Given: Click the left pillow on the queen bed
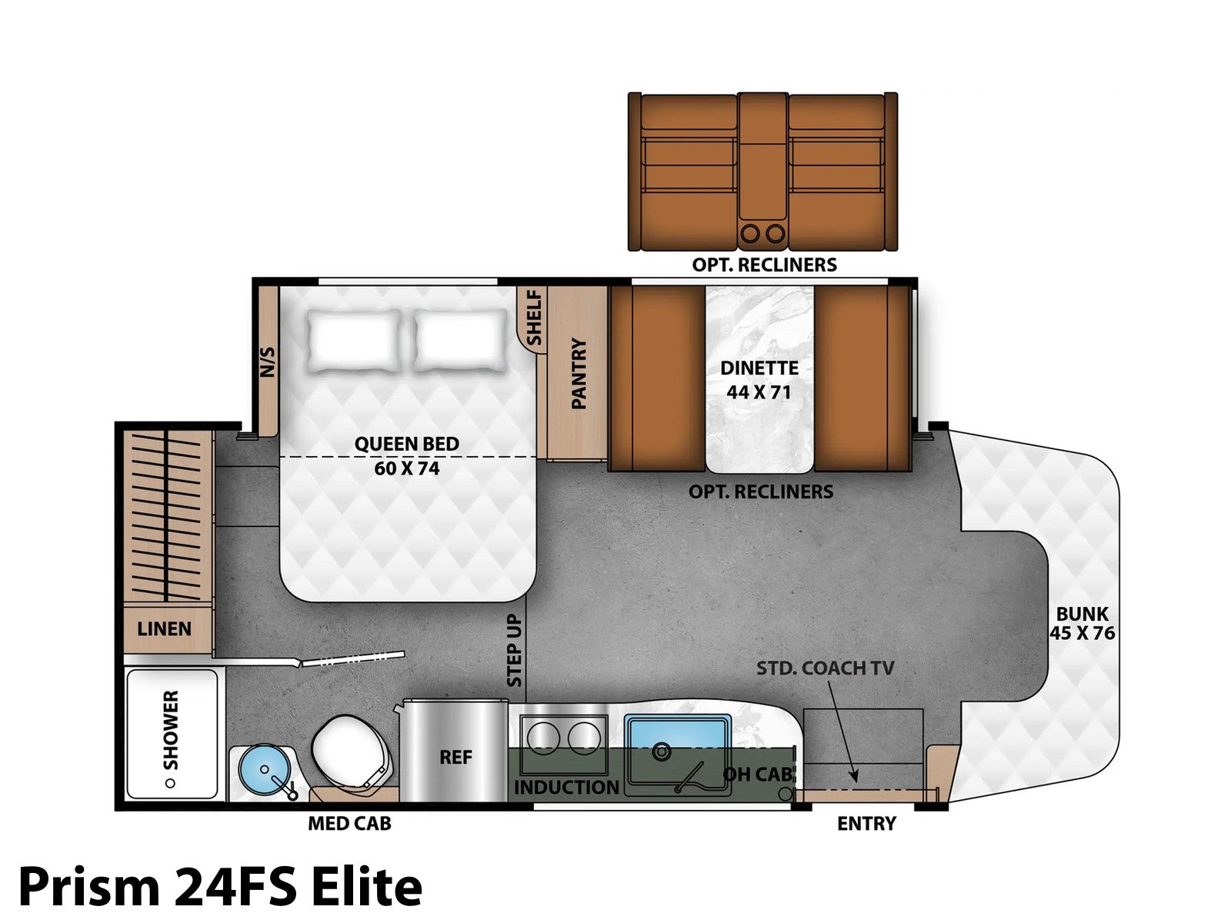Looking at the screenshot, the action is click(x=355, y=340).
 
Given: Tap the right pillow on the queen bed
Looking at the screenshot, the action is click(x=460, y=340).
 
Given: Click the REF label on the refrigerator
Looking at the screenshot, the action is click(x=455, y=758).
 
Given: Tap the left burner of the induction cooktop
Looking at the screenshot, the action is click(x=543, y=738).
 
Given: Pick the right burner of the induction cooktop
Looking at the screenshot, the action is click(x=584, y=738).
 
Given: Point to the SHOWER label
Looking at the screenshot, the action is click(x=171, y=730).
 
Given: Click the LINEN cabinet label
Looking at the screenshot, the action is click(x=165, y=628).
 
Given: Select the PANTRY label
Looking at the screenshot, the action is click(x=579, y=374).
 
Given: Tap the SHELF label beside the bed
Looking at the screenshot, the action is click(x=534, y=318).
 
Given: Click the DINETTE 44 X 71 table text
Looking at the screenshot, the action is click(x=759, y=380).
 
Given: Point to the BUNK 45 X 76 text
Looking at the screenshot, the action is click(x=1082, y=623).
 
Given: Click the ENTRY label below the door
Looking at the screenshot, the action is click(x=866, y=823).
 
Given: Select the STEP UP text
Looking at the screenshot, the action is click(x=514, y=650).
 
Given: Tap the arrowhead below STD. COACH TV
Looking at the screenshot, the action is click(x=853, y=775).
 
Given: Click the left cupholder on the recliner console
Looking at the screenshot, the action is click(x=750, y=233).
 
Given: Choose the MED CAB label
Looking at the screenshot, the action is click(x=349, y=823).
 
